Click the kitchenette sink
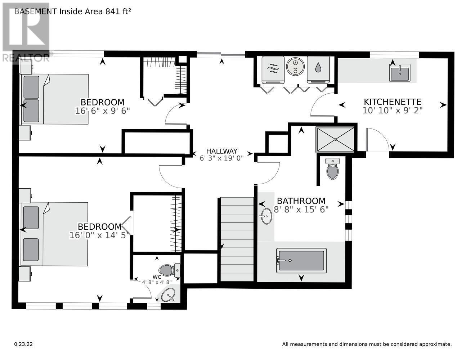[x=400, y=73]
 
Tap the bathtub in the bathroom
[x=301, y=261]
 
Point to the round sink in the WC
[x=168, y=294]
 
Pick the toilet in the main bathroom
[x=332, y=169]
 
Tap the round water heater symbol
[x=295, y=66]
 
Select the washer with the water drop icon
[x=318, y=70]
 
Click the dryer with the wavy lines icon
[x=273, y=70]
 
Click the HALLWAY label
[x=222, y=151]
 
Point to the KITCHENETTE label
[x=393, y=102]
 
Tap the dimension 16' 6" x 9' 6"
[x=103, y=111]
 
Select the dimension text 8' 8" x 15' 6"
[x=301, y=210]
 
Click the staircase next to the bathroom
[x=237, y=239]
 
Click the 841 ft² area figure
[x=118, y=12]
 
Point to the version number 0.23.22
[x=23, y=344]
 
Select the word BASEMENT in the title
[x=36, y=12]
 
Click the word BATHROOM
[x=301, y=201]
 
